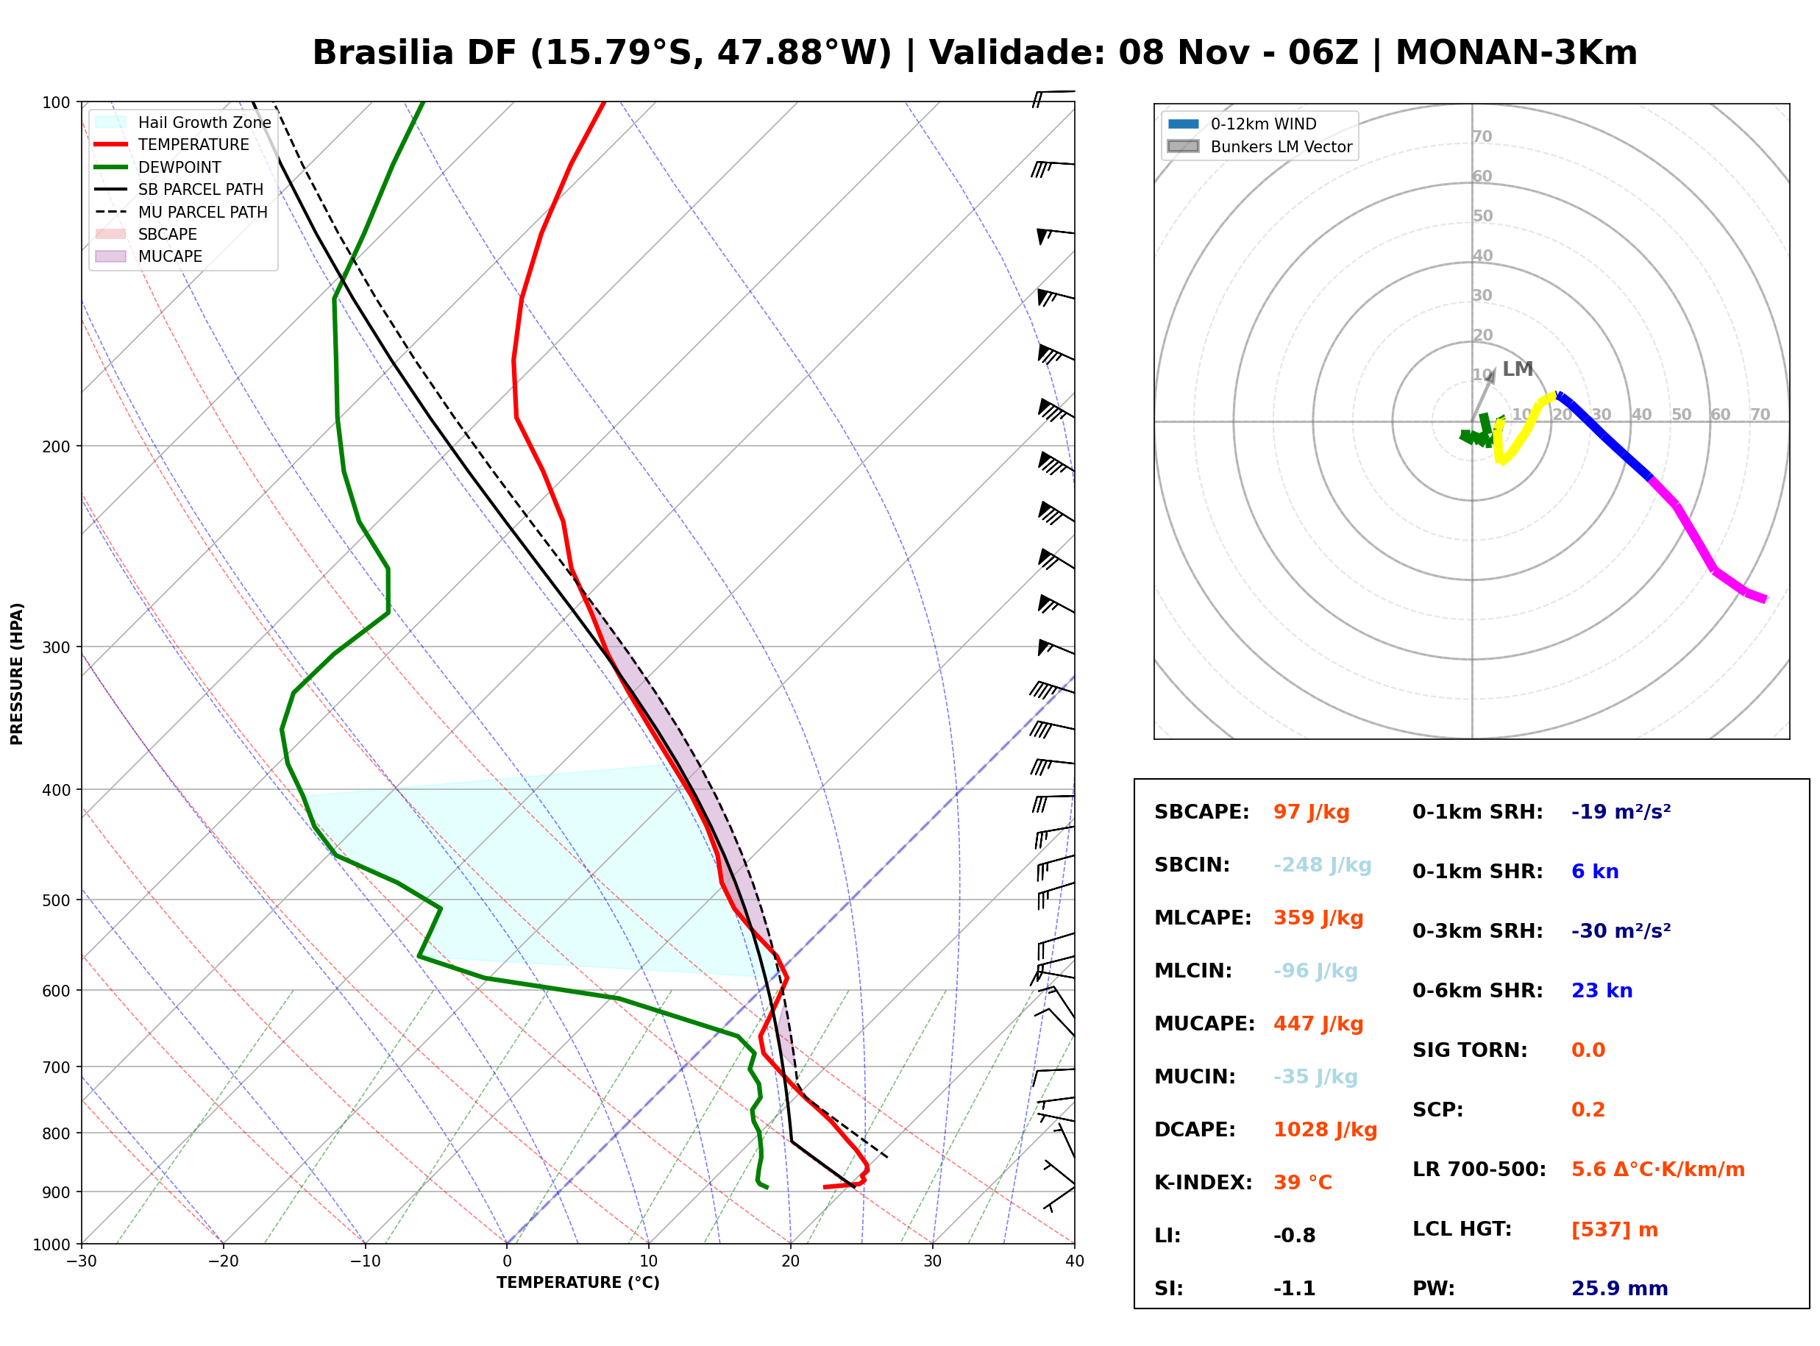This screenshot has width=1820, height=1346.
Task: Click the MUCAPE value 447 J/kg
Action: point(1318,1023)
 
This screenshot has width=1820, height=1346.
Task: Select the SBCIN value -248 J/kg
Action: point(1322,864)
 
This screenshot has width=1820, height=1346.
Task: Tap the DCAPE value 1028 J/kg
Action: point(1325,1129)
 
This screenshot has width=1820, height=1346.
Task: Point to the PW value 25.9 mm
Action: point(1620,1288)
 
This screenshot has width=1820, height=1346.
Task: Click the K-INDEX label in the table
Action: point(1204,1182)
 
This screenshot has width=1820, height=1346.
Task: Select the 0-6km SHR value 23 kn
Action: point(1602,990)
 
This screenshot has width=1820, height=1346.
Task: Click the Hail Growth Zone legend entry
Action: point(183,122)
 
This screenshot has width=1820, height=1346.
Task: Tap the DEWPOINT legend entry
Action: point(158,167)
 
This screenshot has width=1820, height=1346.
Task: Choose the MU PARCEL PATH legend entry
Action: point(181,212)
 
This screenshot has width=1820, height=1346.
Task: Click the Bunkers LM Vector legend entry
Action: point(1259,146)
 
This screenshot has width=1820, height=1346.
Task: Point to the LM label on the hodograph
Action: point(1518,369)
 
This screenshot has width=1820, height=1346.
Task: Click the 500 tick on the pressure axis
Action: point(57,900)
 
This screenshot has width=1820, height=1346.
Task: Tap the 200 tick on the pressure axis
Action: point(57,446)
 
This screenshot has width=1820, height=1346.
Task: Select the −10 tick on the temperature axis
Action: point(364,1261)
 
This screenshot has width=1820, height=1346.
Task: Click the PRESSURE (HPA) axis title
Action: point(17,674)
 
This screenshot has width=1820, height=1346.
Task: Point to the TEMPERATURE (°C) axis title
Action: point(577,1283)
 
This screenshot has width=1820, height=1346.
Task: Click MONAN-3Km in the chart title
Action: point(1516,53)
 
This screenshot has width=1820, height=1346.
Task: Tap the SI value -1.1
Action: point(1295,1288)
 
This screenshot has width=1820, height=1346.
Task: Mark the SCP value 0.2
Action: point(1588,1110)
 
